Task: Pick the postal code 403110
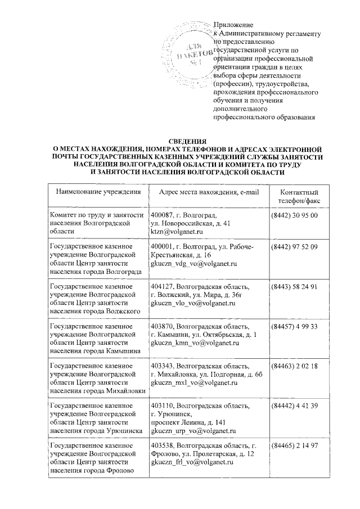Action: (163, 406)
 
